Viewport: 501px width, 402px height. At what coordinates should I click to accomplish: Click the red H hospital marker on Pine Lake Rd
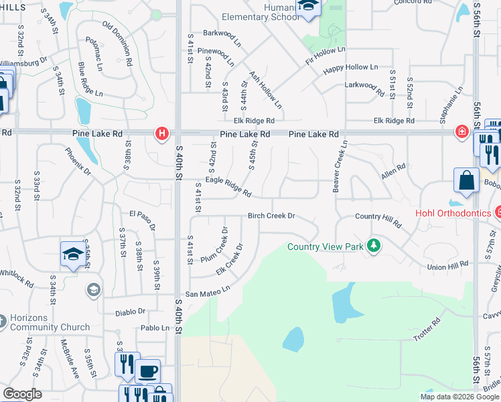click(161, 134)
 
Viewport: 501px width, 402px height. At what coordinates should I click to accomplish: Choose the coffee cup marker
click(147, 371)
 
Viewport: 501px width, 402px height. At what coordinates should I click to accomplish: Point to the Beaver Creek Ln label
click(340, 166)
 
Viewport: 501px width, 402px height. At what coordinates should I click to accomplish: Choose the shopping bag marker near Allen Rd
click(466, 181)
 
